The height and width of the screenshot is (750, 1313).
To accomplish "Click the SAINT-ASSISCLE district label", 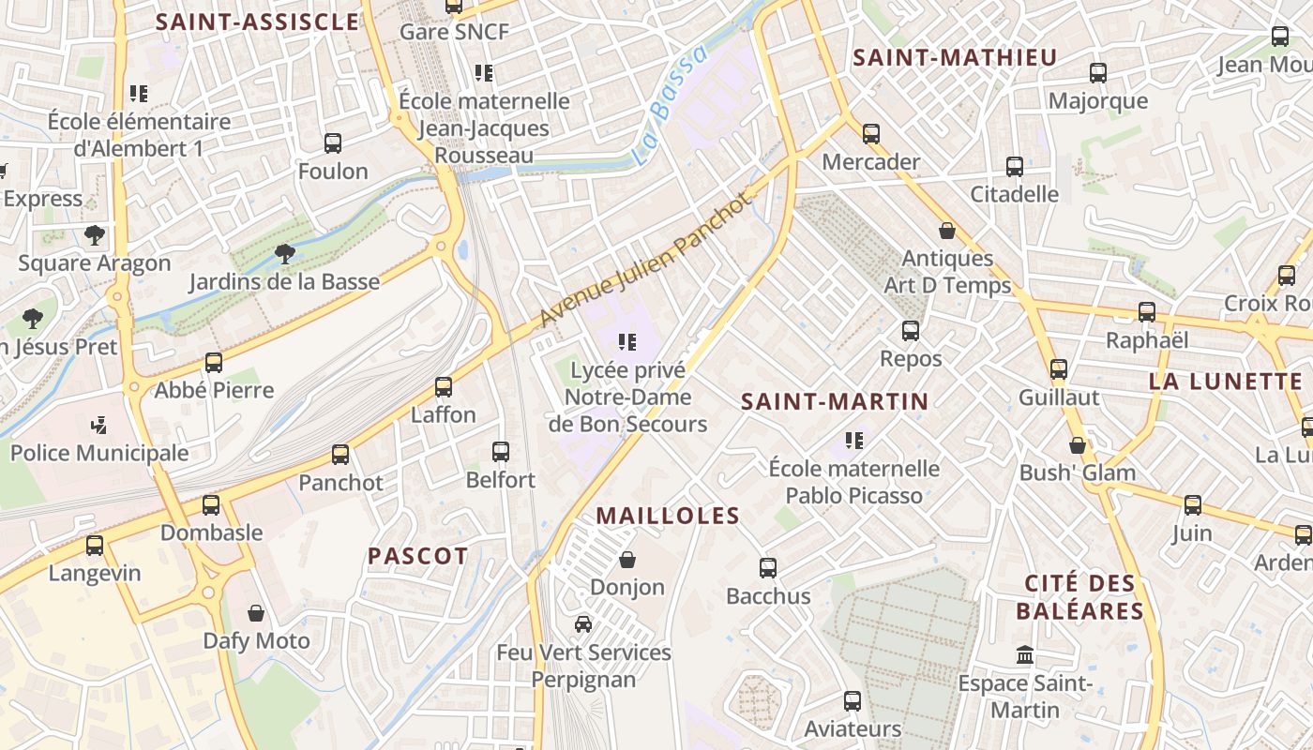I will (x=257, y=22).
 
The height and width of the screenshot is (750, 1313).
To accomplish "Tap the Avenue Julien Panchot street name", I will (x=647, y=260).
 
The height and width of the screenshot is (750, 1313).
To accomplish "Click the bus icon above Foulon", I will (x=333, y=143).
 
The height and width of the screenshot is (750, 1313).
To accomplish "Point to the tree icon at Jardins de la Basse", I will (x=284, y=253).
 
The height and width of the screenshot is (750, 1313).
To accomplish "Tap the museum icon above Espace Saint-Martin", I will (x=1025, y=654).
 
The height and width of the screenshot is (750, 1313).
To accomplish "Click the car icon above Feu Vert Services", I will (x=583, y=623).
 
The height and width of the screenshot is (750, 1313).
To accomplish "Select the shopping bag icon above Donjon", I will (x=627, y=560).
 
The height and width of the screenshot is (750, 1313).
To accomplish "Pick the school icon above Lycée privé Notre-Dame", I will (x=627, y=342).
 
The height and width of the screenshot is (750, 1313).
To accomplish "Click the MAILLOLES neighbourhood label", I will (x=668, y=516).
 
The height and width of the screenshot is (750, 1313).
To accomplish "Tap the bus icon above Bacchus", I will (x=768, y=567).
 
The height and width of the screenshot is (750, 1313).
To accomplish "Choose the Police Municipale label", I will (x=99, y=453).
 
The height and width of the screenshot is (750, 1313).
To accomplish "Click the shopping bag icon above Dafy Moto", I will (x=256, y=613).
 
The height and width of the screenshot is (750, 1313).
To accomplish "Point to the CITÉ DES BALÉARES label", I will (x=1079, y=597).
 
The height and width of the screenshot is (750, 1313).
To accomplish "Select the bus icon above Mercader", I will (x=871, y=134).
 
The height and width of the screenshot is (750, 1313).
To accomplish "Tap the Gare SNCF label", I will (x=454, y=32).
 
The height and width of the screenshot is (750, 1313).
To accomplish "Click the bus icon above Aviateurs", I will (x=853, y=700).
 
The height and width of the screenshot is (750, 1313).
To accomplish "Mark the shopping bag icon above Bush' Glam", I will (x=1078, y=445).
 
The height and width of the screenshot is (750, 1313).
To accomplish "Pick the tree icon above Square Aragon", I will (x=94, y=234).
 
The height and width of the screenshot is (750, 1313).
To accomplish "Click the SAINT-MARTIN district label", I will (x=835, y=401).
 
